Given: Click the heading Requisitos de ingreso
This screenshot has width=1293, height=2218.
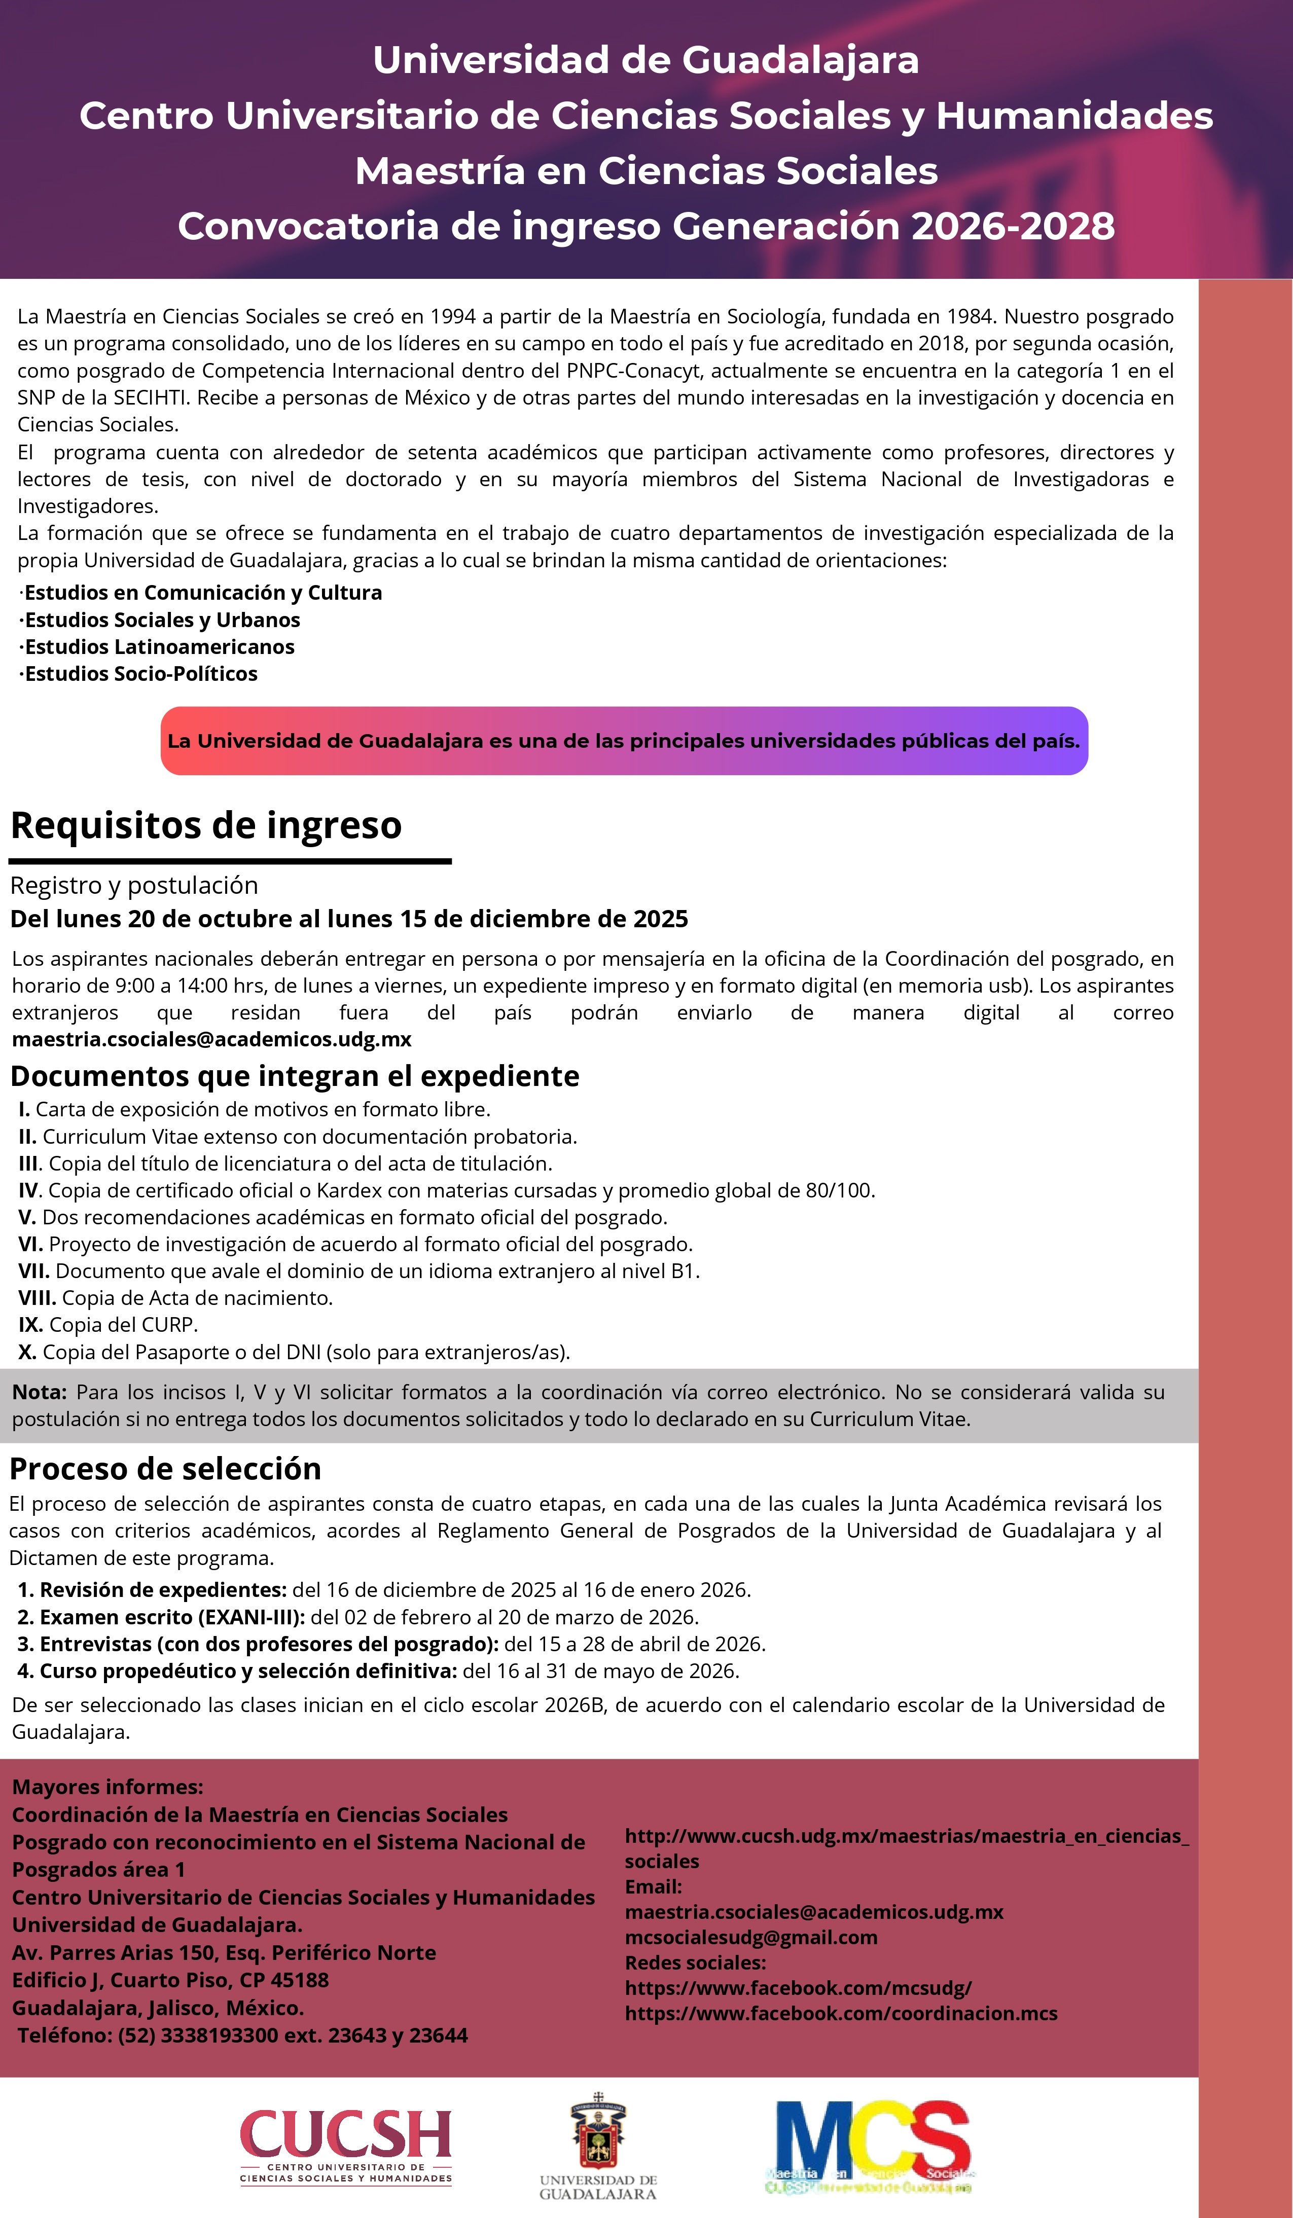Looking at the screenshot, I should pyautogui.click(x=206, y=825).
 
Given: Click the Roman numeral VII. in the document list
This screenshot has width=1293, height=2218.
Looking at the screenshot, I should pyautogui.click(x=35, y=1271).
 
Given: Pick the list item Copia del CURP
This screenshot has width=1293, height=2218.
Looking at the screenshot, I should pyautogui.click(x=109, y=1325).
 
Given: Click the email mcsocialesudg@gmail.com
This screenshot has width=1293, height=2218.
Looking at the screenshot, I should pyautogui.click(x=751, y=1937).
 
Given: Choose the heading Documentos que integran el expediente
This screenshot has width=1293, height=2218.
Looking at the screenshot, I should pyautogui.click(x=295, y=1076).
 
